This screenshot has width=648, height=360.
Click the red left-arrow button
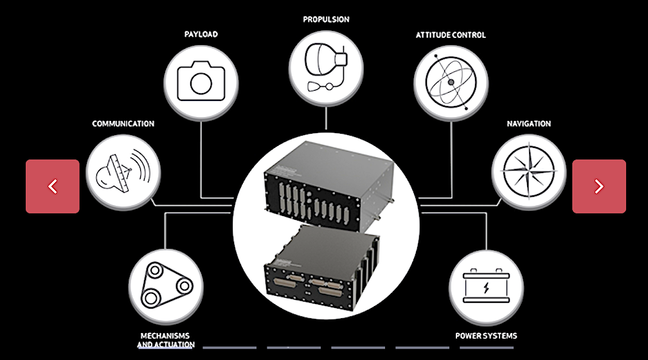click(53, 186)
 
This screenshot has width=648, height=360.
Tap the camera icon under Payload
click(201, 81)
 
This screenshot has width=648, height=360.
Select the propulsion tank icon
click(325, 64)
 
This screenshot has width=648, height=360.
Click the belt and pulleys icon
click(166, 287)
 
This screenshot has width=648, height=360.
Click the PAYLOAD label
click(201, 34)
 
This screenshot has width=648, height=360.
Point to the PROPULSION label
click(326, 19)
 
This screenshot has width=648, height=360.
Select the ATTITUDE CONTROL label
click(451, 34)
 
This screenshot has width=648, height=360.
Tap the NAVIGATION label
click(528, 123)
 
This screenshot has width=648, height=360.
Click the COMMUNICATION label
click(123, 123)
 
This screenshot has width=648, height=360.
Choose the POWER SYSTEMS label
click(486, 336)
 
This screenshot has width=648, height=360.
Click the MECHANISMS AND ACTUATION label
click(166, 340)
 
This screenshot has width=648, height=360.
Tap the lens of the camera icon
click(201, 83)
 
